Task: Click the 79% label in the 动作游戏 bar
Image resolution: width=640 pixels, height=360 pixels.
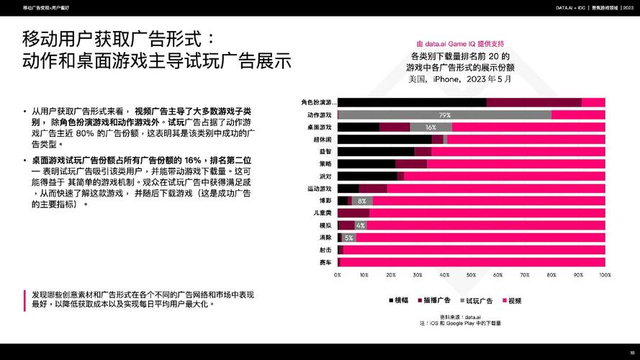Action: click(444, 115)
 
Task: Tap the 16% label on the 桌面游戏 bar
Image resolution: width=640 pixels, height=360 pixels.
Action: click(431, 127)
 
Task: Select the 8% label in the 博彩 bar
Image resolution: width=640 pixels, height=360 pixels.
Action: click(361, 201)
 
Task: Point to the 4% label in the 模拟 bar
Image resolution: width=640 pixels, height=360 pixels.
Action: click(361, 225)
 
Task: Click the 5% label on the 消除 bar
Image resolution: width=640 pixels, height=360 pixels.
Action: click(349, 238)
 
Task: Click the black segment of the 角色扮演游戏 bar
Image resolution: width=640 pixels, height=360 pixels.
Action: click(411, 102)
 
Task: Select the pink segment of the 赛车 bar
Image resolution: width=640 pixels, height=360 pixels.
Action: click(472, 262)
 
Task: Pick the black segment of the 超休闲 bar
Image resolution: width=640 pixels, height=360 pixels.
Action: click(384, 140)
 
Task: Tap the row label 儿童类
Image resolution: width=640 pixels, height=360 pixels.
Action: click(323, 213)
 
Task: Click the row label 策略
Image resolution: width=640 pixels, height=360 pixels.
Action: click(325, 164)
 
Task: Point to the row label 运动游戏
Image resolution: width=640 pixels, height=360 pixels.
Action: click(320, 189)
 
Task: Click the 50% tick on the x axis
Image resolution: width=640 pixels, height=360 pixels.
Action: click(471, 275)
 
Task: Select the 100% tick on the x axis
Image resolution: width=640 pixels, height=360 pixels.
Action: click(604, 275)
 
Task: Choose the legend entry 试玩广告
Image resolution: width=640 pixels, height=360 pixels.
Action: click(474, 300)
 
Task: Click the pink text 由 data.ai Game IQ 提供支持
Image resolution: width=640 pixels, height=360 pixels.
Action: click(460, 42)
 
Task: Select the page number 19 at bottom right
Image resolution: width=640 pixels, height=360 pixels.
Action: click(631, 353)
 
